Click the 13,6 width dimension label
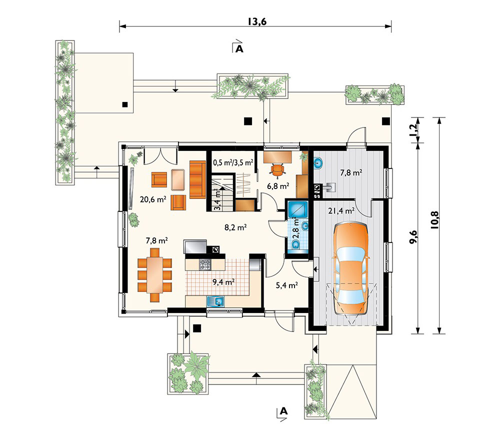pos(257,21)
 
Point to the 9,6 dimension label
pos(413,237)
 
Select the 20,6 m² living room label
pos(153,199)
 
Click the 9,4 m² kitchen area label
pos(223,282)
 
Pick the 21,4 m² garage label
pos(341,210)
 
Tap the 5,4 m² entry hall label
pos(286,285)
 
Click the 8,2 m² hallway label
pos(235,227)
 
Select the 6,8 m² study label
pos(278,186)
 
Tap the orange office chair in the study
pos(277,169)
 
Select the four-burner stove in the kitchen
pos(205,264)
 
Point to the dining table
pos(154,275)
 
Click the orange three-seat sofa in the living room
pos(197,179)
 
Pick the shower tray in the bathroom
pos(298,209)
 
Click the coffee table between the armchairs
pos(178,180)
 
